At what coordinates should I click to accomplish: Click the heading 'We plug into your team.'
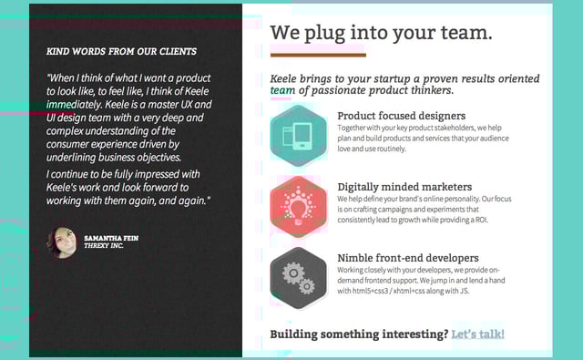pyautogui.click(x=381, y=33)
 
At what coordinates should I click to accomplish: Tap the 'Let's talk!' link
pyautogui.click(x=477, y=334)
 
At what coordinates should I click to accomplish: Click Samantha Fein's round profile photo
pyautogui.click(x=62, y=242)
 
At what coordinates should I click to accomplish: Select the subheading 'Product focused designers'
pyautogui.click(x=401, y=116)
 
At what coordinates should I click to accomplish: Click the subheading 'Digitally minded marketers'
pyautogui.click(x=404, y=187)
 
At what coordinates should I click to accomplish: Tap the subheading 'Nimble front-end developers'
pyautogui.click(x=407, y=258)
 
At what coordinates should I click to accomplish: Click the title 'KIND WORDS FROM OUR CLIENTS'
pyautogui.click(x=121, y=52)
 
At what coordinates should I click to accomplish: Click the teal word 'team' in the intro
pyautogui.click(x=281, y=91)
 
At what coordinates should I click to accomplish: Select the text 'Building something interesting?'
pyautogui.click(x=359, y=334)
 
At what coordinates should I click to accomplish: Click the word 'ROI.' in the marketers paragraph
pyautogui.click(x=500, y=221)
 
